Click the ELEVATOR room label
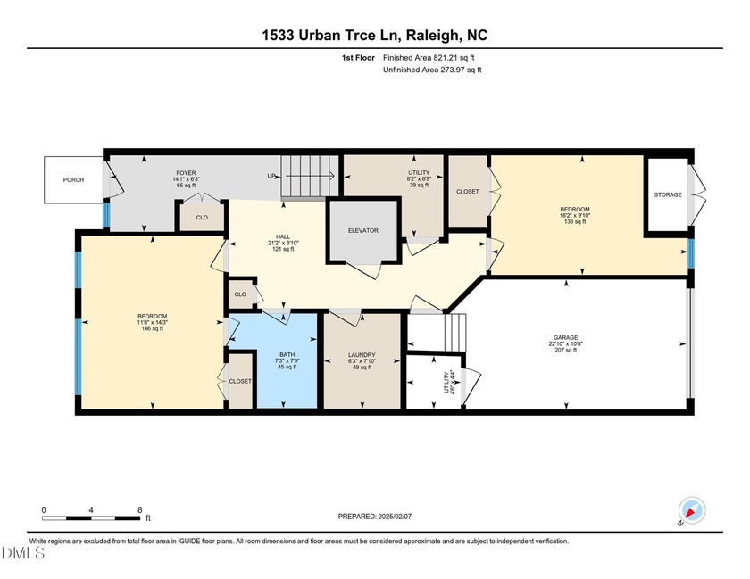[x=362, y=231]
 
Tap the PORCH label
[x=73, y=180]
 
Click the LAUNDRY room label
[x=362, y=354]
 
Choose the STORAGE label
[x=667, y=194]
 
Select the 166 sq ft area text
[x=152, y=329]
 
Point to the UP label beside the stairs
[x=271, y=176]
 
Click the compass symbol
[x=692, y=509]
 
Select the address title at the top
[x=375, y=36]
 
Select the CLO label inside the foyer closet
[x=202, y=216]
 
